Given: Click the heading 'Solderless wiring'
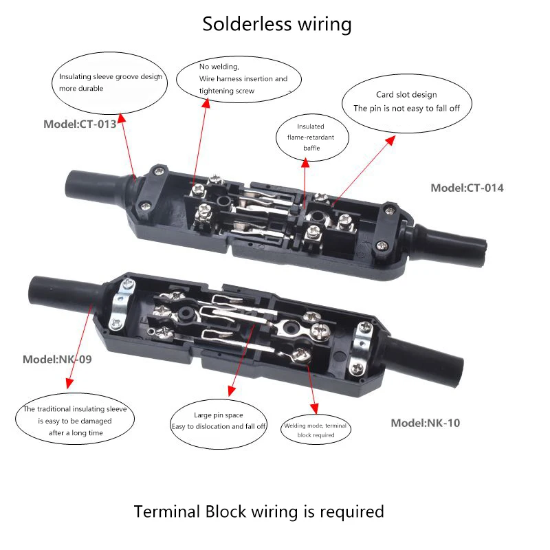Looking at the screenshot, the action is point(277,24).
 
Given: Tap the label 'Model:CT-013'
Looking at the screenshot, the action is point(80,124).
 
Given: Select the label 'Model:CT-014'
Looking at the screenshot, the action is point(467,188).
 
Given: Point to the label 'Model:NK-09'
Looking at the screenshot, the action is point(57,359).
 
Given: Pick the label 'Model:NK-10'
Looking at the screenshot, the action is point(425,423).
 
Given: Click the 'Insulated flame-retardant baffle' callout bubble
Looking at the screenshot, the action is point(312,137).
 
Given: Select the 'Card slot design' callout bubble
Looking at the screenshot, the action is point(407,103).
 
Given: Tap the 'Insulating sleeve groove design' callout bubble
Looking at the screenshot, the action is point(109,82).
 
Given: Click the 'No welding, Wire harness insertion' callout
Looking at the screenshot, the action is point(239,79).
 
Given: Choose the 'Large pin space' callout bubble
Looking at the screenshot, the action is point(218,423).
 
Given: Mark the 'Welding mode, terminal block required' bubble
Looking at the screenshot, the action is point(316,430).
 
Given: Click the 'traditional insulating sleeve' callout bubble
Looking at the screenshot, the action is point(75,419).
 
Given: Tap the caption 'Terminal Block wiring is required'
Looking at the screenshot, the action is point(259,511).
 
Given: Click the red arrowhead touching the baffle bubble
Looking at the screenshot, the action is point(305,162).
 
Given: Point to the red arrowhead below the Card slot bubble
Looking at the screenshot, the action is point(390,140).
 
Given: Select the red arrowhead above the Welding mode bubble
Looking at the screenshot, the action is point(314,408).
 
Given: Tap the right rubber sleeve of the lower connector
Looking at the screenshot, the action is point(423,362).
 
